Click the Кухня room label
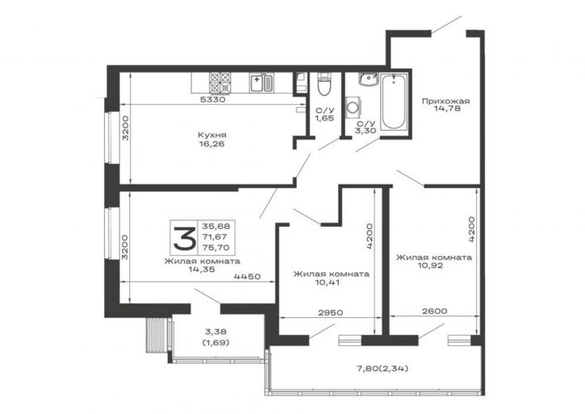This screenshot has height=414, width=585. click(x=212, y=135)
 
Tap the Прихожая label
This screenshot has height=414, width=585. click(x=445, y=101)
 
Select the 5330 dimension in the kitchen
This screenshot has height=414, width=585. click(x=212, y=100)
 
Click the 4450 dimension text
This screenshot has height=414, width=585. click(x=247, y=277)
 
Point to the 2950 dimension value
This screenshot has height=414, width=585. click(x=330, y=313)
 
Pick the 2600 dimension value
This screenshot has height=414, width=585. click(x=434, y=311)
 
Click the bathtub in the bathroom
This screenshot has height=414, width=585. click(x=394, y=102)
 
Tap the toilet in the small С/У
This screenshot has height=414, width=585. click(x=324, y=84)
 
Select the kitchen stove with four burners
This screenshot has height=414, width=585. click(x=220, y=82)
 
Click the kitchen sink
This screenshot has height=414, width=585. click(x=261, y=83)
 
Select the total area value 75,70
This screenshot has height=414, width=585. click(x=216, y=247)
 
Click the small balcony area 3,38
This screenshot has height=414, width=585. click(x=215, y=332)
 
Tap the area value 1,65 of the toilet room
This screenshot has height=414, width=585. click(x=324, y=119)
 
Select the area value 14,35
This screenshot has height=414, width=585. click(x=202, y=270)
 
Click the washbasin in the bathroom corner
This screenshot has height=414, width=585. click(x=369, y=79)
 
